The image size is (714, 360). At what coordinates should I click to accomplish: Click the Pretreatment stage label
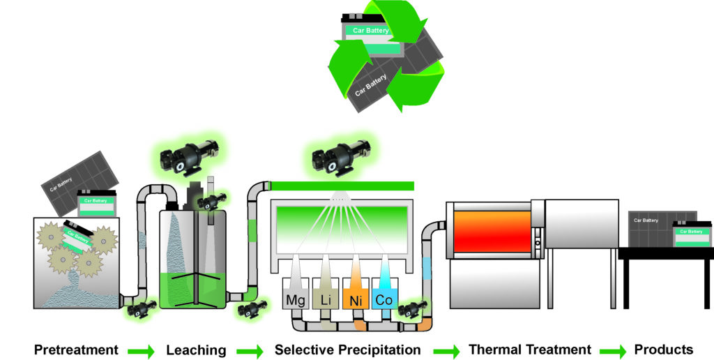(76, 350)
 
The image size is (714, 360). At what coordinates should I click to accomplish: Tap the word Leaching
(196, 350)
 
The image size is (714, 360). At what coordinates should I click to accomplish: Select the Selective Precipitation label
(347, 350)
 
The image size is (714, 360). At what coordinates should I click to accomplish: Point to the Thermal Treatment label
(530, 350)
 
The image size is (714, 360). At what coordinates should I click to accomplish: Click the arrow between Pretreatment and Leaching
(141, 351)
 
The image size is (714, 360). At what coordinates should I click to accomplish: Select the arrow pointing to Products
(614, 351)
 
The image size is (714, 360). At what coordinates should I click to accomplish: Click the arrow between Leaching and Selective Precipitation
(250, 351)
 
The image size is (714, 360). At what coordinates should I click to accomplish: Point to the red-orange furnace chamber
(492, 232)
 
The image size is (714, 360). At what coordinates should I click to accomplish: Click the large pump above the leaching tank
(187, 158)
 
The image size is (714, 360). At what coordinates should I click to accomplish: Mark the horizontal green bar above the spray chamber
(342, 186)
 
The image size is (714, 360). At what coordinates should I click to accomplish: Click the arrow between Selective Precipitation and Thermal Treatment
(446, 351)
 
